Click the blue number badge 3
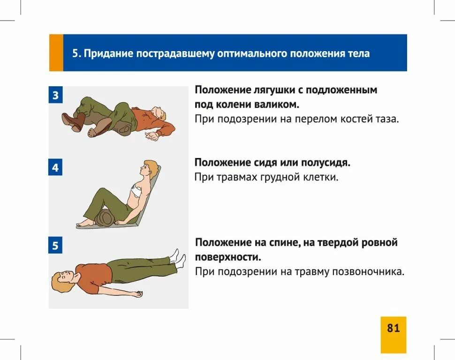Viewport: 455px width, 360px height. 55,95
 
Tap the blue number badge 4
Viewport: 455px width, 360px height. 55,167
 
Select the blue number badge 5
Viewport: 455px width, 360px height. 55,246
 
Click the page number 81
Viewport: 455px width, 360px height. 393,328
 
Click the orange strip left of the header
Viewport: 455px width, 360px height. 56,52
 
